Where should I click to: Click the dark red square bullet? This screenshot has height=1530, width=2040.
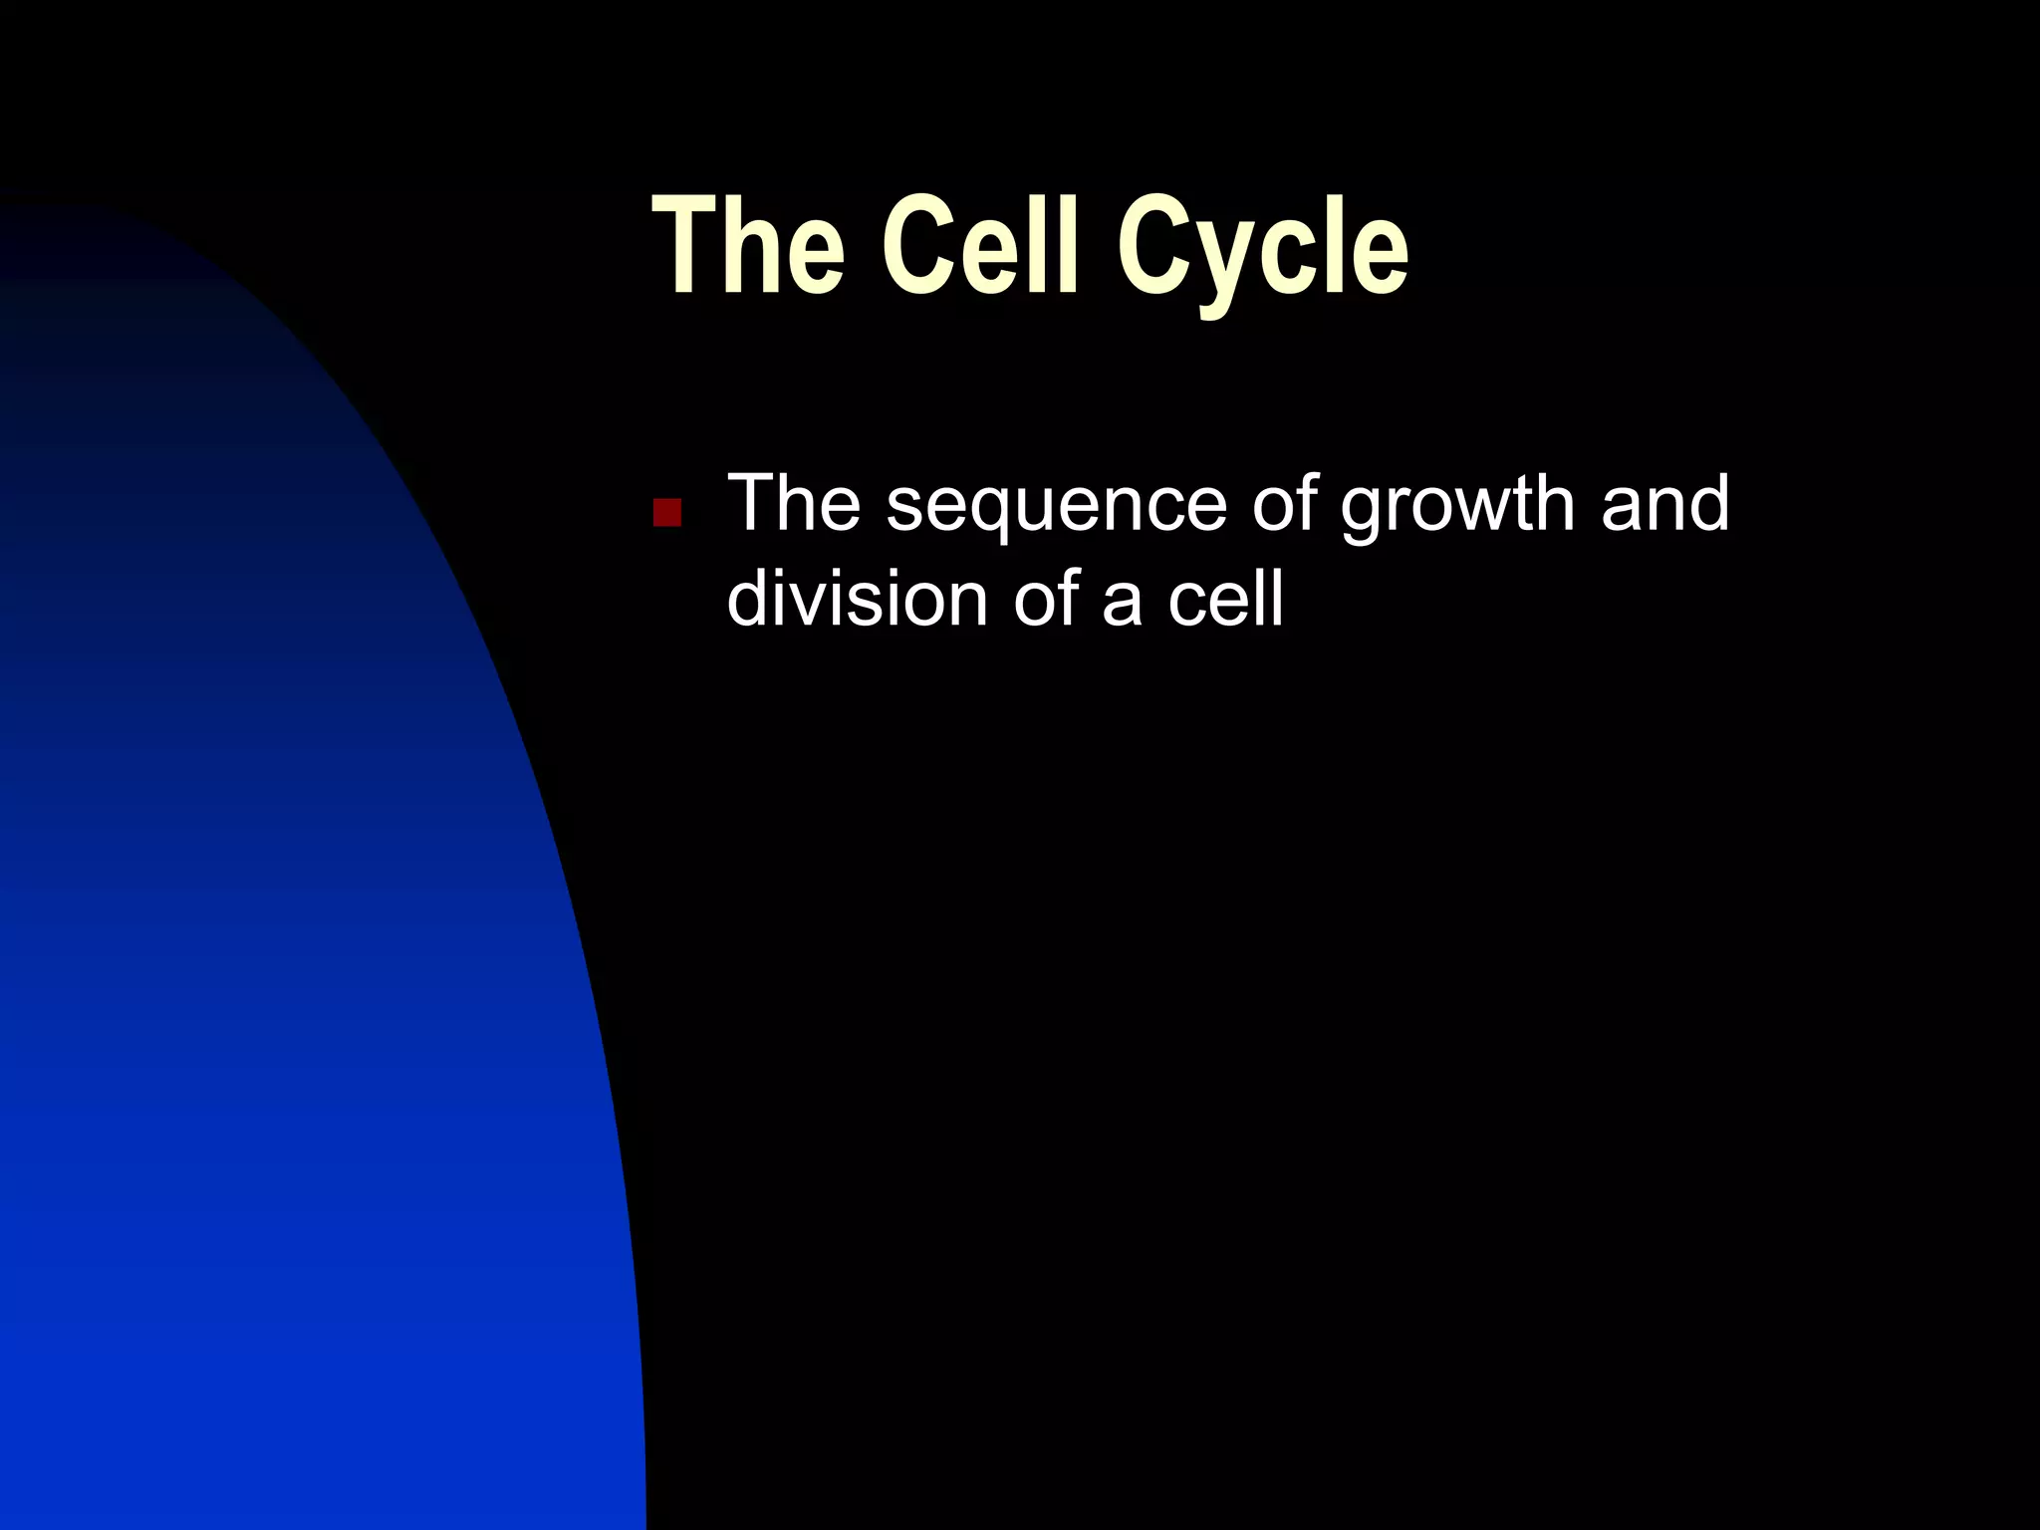click(666, 512)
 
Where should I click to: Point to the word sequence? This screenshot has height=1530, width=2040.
click(1056, 506)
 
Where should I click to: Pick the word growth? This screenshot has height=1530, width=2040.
click(1457, 506)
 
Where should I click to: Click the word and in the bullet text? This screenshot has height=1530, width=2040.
click(1664, 503)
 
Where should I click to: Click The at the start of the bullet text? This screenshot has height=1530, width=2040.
click(794, 503)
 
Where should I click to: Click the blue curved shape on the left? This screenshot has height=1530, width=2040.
click(299, 996)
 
